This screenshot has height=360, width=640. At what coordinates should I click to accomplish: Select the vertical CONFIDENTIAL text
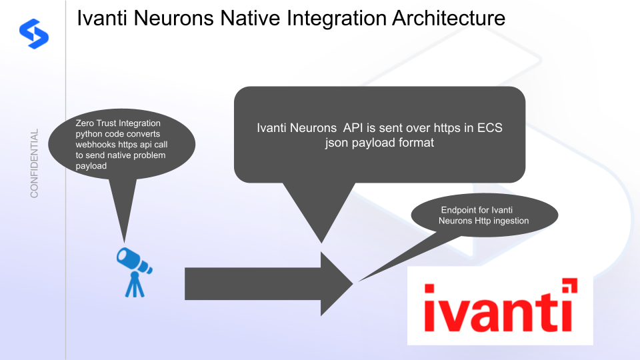pos(35,163)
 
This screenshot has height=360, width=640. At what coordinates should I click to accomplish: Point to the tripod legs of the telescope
pos(135,285)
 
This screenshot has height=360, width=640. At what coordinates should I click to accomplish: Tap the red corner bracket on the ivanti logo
pos(569,287)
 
